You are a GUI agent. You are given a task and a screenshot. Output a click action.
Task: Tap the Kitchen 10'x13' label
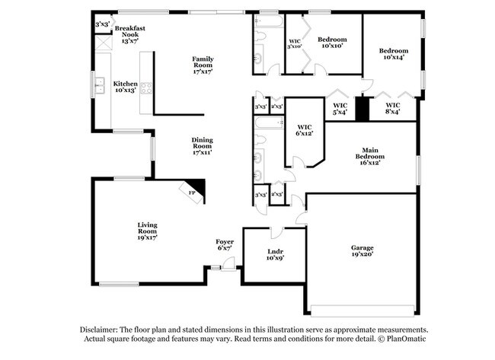126,87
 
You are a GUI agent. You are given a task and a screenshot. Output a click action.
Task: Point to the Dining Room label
202,145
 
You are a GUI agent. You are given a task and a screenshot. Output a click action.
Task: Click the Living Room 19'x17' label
147,231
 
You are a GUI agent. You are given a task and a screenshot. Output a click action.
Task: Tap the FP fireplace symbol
193,193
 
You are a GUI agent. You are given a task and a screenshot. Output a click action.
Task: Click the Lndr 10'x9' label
275,254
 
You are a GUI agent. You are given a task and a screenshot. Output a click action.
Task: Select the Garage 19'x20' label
362,252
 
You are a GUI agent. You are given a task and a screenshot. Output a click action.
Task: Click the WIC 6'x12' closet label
305,130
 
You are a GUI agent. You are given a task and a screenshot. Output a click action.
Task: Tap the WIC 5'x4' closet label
340,109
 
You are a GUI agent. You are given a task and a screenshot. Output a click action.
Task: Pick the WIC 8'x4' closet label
393,109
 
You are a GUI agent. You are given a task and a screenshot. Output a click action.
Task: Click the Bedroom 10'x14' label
394,54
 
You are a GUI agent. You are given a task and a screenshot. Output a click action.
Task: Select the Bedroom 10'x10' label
332,43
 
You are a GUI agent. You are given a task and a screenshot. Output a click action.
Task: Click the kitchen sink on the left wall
100,86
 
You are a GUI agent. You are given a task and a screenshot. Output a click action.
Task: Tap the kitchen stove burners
145,87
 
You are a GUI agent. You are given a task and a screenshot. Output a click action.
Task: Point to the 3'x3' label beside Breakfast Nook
102,24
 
